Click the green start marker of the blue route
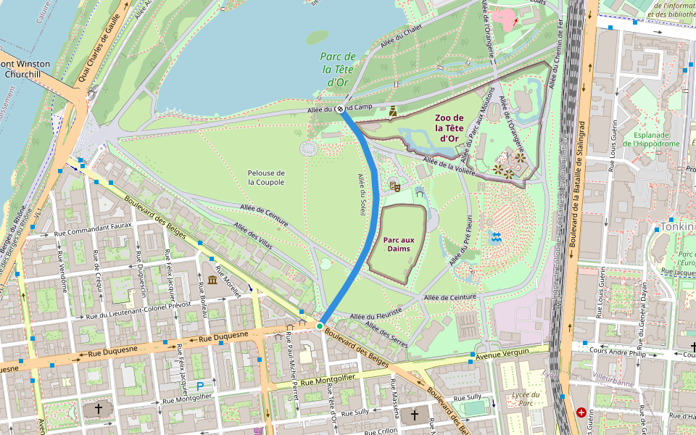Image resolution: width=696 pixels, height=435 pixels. (x=320, y=326)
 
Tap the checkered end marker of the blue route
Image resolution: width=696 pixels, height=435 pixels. (x=339, y=109)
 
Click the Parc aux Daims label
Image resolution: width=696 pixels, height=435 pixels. (x=398, y=244)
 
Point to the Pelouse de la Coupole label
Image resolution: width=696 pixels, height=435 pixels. (x=265, y=178)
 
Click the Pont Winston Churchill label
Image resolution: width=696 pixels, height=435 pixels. (x=25, y=69)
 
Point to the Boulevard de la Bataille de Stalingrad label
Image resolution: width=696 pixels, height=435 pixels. (x=579, y=188)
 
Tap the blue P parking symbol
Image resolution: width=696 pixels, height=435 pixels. (x=201, y=387)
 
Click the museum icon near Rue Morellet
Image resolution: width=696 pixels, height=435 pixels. (x=212, y=280)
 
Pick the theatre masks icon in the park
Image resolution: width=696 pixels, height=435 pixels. (x=395, y=186)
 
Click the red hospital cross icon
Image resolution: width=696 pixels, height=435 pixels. (x=581, y=413)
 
